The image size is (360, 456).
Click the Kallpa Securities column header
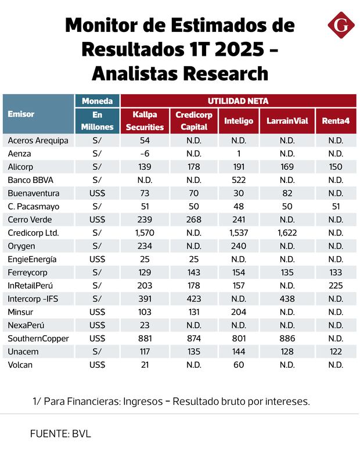pos(145,121)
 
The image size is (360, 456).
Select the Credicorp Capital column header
pos(194,121)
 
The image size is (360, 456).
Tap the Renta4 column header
pos(335,121)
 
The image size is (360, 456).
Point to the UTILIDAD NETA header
pos(238,100)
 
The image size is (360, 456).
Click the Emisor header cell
pos(21,114)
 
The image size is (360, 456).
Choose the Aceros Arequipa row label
pos(38,141)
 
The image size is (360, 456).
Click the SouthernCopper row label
pos(38,338)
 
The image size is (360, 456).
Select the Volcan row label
pos(21,365)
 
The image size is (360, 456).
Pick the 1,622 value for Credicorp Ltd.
pos(287,233)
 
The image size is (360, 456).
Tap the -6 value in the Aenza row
pos(145,154)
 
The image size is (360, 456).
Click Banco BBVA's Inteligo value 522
pos(239,180)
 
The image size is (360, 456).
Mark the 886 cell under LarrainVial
pos(287,338)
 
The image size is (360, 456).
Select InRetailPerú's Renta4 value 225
pos(335,285)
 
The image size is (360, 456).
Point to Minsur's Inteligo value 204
pos(239,312)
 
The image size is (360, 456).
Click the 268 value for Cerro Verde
pos(194,220)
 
